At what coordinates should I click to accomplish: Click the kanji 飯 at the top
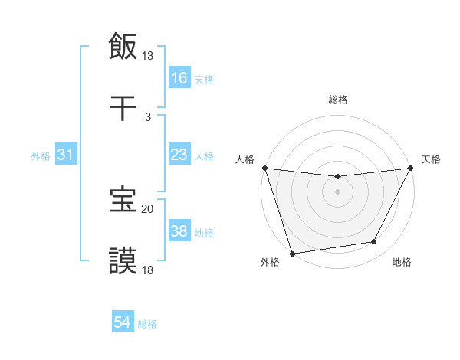[123, 47]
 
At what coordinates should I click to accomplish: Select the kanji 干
[123, 109]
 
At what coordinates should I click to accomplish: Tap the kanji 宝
[123, 201]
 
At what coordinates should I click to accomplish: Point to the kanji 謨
[123, 261]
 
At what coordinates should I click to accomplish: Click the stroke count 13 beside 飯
[148, 56]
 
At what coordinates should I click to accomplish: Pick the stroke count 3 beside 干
[148, 116]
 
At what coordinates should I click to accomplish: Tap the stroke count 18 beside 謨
[148, 270]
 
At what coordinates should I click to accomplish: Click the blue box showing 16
[179, 77]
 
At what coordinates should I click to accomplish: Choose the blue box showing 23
[179, 155]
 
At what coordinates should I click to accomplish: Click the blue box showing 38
[179, 231]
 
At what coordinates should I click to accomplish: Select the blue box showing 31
[66, 155]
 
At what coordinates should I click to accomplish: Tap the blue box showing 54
[123, 322]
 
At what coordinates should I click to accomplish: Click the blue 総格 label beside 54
[147, 324]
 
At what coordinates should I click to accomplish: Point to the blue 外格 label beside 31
[41, 156]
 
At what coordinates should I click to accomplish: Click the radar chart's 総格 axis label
[337, 100]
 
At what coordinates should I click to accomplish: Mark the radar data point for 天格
[412, 168]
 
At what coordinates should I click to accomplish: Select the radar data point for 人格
[264, 168]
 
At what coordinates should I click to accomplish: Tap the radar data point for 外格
[292, 253]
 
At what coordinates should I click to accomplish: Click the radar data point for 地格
[374, 242]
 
